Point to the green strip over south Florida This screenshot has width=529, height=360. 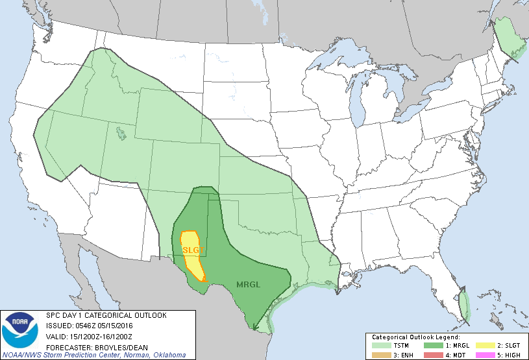point(464,306)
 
